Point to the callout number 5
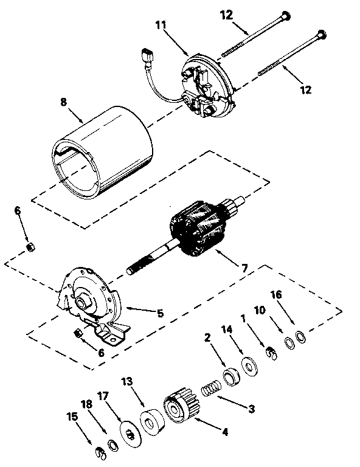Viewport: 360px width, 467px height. (x=161, y=314)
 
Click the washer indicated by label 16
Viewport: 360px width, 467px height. (x=300, y=336)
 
